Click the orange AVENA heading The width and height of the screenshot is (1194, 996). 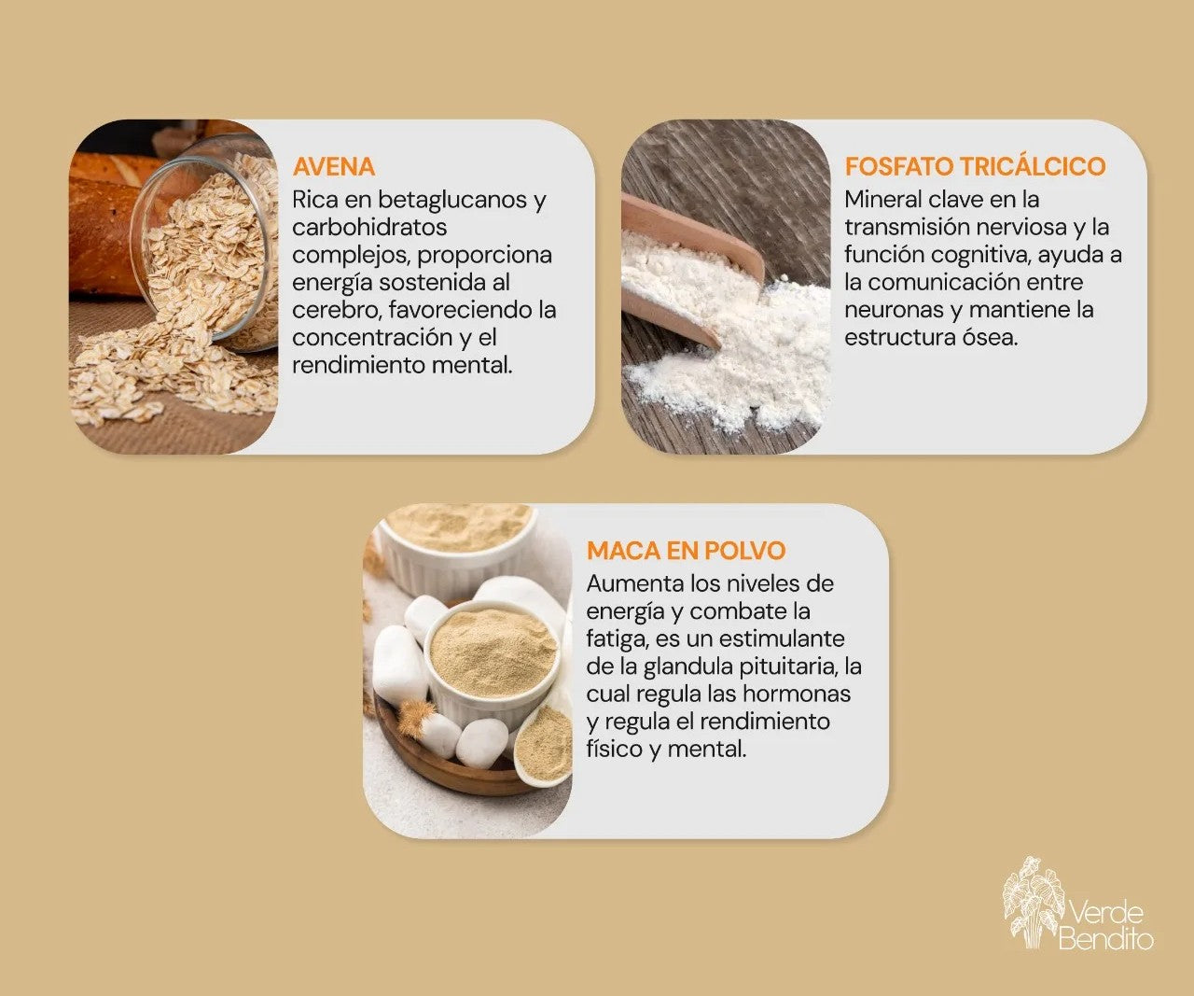point(333,166)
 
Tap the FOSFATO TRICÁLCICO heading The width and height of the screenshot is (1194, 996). point(975,166)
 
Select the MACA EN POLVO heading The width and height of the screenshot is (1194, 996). point(686,550)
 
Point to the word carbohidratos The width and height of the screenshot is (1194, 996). point(369,227)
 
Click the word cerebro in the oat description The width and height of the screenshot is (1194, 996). point(337,310)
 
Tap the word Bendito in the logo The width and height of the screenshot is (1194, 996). point(1105,939)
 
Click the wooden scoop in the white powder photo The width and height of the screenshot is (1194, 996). point(692,269)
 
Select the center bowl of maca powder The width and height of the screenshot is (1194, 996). point(493,664)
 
